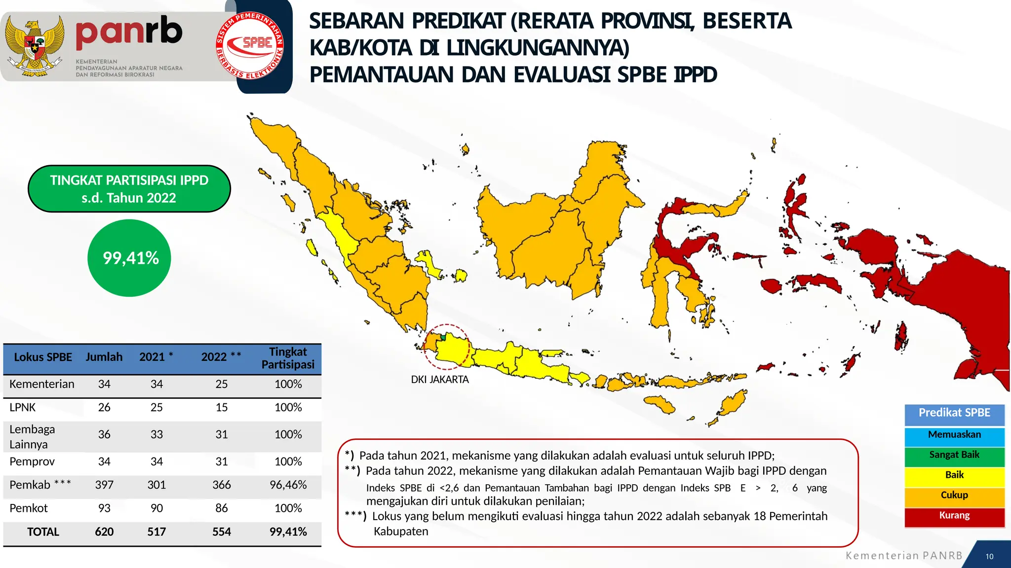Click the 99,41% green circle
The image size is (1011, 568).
coord(129,258)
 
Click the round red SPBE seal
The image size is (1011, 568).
coord(250,46)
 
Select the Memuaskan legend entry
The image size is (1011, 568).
coord(954,435)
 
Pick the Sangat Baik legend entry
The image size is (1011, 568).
coord(954,455)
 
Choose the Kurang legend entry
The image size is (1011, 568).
coord(954,516)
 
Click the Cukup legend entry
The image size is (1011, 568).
coord(954,496)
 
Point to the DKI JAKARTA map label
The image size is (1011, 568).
coord(440,380)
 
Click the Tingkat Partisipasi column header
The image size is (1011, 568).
coord(288,358)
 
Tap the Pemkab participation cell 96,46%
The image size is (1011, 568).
coord(288,485)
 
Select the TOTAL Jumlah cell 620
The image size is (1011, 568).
coord(104,532)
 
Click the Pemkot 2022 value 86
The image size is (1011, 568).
coord(222,508)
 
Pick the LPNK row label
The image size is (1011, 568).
coord(23,408)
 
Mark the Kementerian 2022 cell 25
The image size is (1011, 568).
coord(222,385)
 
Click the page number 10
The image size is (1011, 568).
coord(989,557)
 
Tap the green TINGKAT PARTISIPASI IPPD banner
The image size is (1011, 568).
coord(129,189)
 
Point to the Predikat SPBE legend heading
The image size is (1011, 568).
coord(954,413)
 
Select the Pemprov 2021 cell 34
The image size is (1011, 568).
coord(156,462)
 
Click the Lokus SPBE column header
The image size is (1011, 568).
coord(43,357)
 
